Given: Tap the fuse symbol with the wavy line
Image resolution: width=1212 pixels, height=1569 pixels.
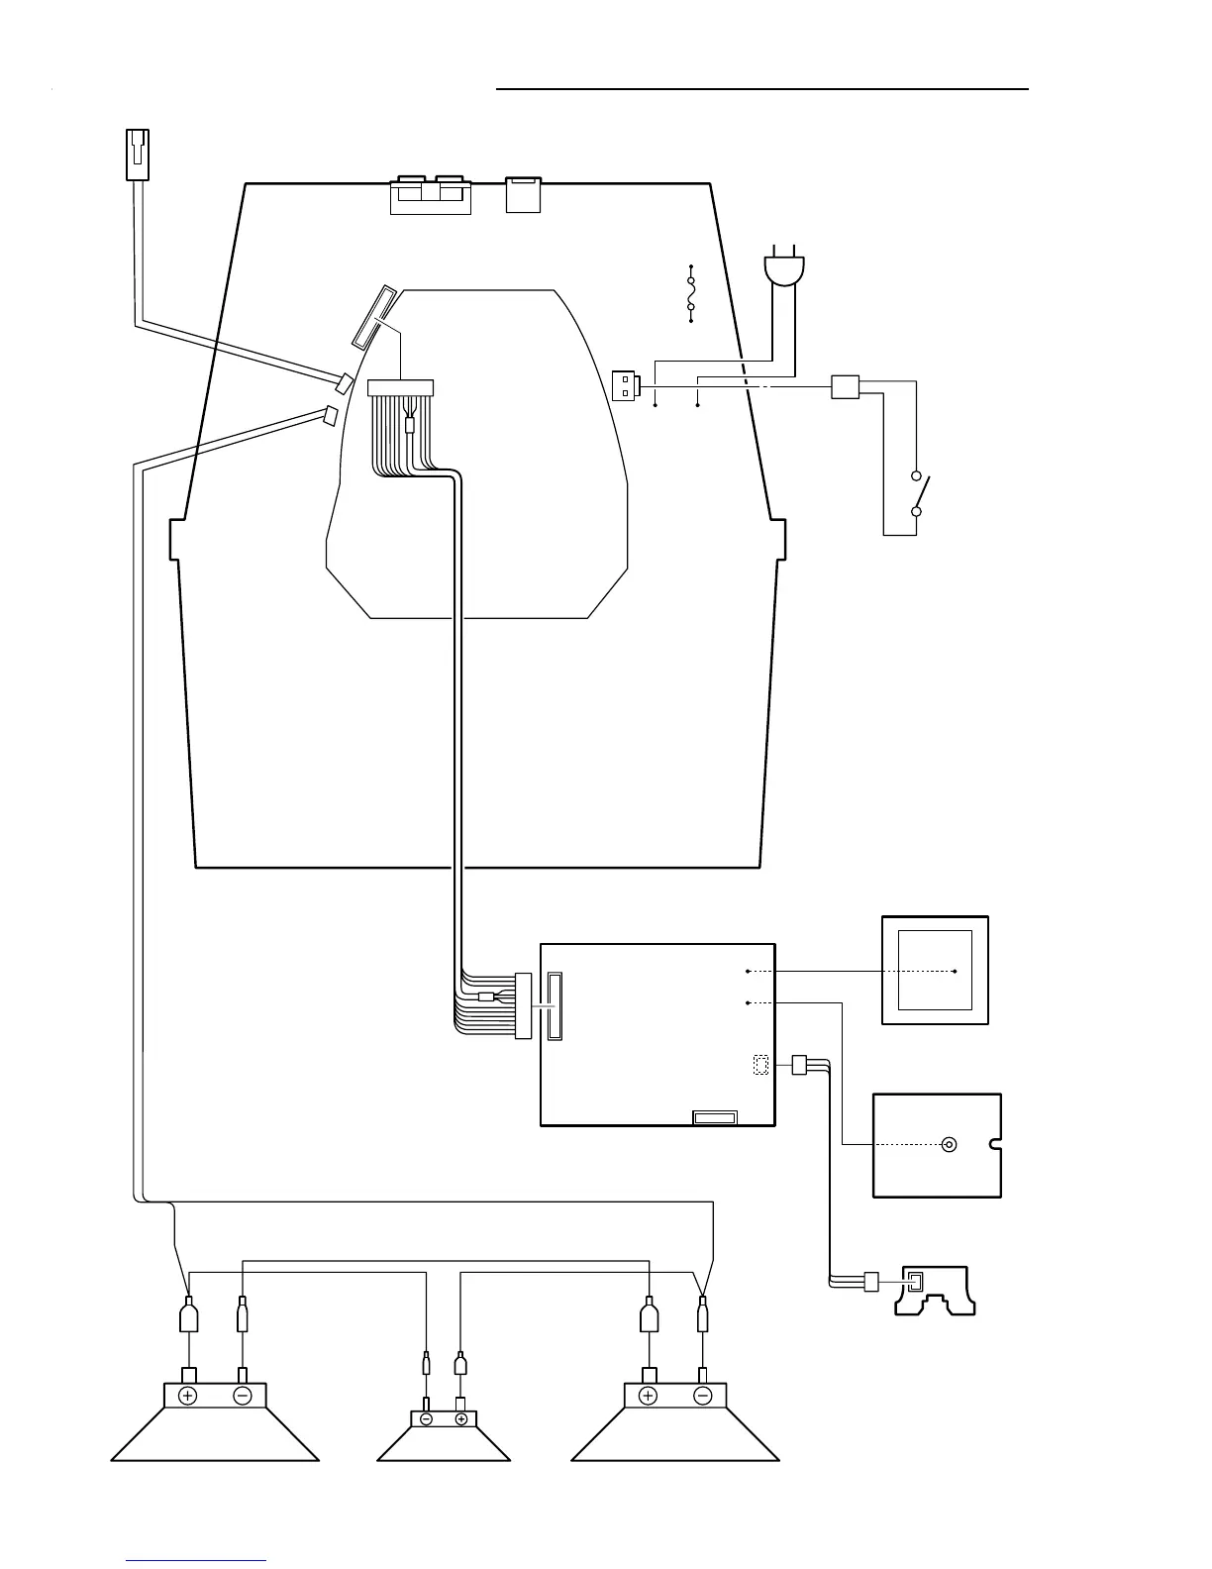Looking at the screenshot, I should click(x=690, y=294).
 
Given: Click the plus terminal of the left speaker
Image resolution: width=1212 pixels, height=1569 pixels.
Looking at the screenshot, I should click(x=188, y=1396).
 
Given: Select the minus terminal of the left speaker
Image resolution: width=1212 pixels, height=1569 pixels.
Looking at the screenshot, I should click(x=243, y=1396).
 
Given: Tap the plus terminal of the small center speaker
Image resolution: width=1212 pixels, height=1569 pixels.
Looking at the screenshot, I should click(x=461, y=1418).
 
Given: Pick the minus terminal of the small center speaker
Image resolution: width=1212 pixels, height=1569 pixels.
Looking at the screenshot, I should click(x=426, y=1418).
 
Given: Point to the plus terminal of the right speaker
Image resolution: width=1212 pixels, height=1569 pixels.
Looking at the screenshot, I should click(x=649, y=1396).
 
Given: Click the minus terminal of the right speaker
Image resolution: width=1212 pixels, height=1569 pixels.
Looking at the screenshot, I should click(x=703, y=1396).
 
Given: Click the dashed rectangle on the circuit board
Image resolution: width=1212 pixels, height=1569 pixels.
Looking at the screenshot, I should click(x=760, y=1066).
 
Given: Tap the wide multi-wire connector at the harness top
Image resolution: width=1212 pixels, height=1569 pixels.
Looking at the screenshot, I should click(x=401, y=388).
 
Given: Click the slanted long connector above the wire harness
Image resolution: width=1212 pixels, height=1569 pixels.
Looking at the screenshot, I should click(x=375, y=317).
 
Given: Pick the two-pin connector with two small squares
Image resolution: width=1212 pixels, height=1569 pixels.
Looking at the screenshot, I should click(x=626, y=385).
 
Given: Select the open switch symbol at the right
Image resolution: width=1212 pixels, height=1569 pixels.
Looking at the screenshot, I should click(x=920, y=493).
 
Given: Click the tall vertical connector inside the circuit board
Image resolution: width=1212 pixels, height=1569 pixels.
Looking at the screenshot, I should click(x=552, y=1005).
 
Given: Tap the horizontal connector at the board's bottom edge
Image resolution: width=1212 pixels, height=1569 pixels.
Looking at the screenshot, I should click(x=714, y=1117).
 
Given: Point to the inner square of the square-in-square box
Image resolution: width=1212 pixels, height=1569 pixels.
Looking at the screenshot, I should click(x=934, y=970).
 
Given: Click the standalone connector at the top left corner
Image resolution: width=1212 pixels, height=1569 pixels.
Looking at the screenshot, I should click(x=138, y=156).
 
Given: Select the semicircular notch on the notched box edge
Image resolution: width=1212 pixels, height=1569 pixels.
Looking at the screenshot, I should click(x=996, y=1146).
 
